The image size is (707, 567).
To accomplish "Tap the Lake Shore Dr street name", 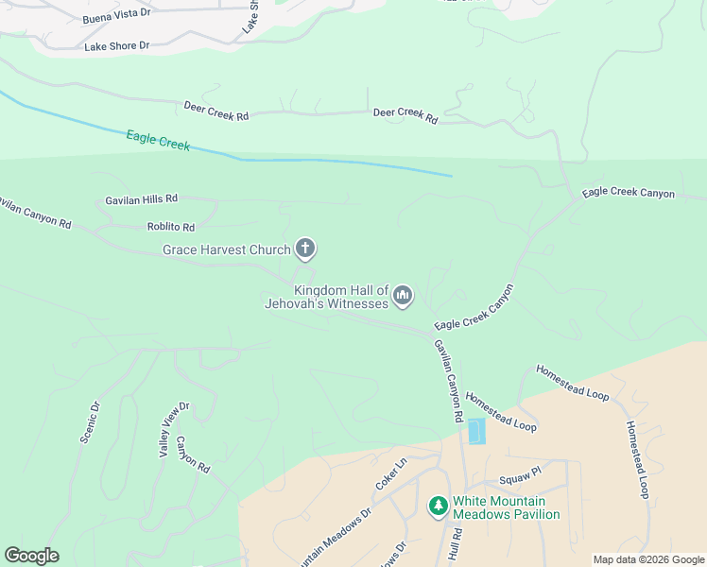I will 117,45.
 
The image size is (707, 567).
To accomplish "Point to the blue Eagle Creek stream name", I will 158,141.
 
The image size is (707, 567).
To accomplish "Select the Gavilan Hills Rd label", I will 142,199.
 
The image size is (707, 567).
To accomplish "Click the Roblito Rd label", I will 171,227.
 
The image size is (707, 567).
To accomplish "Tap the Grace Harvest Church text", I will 227,249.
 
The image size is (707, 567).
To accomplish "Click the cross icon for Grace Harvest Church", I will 304,249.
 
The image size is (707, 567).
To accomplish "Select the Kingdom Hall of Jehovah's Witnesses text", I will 341,297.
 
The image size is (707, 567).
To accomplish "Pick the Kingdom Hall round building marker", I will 404,297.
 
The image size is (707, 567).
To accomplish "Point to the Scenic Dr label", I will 91,422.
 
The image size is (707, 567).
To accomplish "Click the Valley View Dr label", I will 174,430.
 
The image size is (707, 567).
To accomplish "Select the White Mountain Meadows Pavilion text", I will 506,508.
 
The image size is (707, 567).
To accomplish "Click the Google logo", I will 31,556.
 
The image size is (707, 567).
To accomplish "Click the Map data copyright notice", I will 648,559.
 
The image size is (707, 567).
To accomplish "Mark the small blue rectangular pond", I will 476,431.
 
